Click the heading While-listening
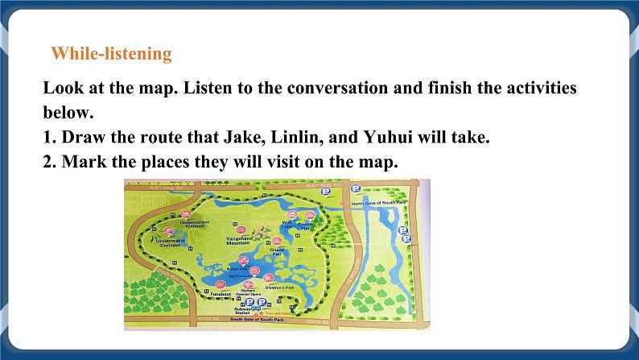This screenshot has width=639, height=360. point(111,54)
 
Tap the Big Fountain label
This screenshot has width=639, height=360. point(239,275)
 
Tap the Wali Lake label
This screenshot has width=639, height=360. point(288,226)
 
